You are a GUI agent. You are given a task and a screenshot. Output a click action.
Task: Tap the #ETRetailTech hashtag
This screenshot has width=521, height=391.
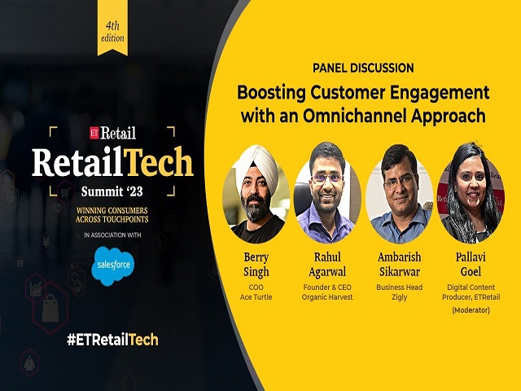click(x=112, y=339)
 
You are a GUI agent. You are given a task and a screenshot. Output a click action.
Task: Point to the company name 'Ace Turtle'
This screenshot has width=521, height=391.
click(x=256, y=297)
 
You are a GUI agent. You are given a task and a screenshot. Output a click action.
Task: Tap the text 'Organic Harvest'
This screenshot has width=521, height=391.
click(x=327, y=297)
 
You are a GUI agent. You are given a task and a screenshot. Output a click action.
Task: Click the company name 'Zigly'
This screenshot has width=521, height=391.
click(x=398, y=297)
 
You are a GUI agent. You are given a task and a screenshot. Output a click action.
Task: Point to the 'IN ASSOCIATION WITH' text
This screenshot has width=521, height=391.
click(x=113, y=236)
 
